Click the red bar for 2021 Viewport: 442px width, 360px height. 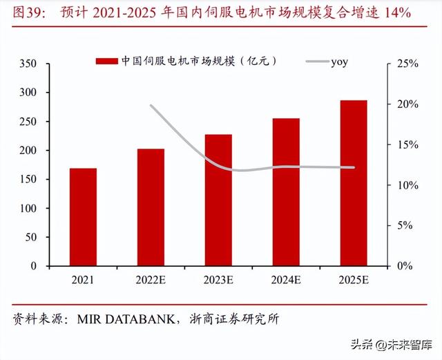83,217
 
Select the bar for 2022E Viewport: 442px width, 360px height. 151,207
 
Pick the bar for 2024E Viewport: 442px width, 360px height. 286,192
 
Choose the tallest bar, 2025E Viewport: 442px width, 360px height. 354,183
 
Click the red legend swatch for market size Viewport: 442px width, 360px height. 106,61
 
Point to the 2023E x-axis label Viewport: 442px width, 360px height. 218,281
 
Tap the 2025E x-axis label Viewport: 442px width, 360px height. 354,281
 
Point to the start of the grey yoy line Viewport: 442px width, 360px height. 151,105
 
